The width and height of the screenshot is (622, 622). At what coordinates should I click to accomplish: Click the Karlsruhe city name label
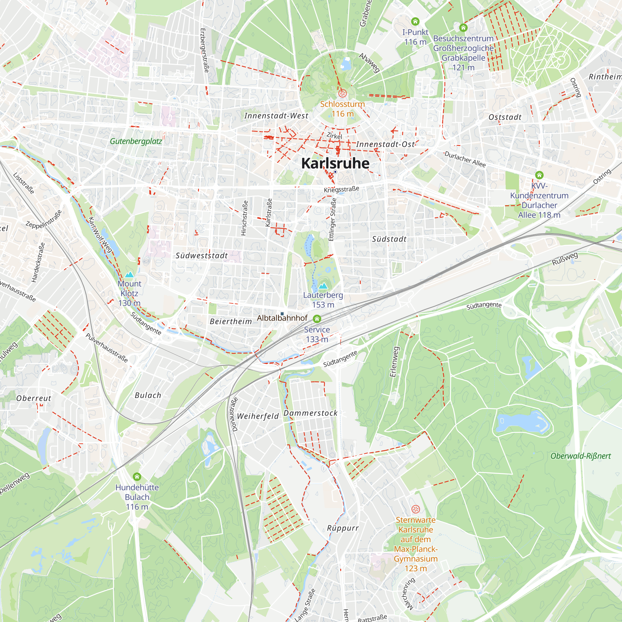click(335, 163)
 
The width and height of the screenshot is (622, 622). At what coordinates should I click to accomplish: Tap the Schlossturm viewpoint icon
click(342, 93)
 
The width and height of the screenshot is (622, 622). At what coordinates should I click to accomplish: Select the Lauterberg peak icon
click(323, 286)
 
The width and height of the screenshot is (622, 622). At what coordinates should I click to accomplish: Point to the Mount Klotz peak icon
click(129, 275)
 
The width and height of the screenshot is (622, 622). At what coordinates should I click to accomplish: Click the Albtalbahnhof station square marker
click(282, 313)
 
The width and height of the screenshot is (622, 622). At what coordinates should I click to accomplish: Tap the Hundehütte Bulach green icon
click(137, 476)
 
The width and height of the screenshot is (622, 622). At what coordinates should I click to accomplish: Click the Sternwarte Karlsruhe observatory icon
click(415, 509)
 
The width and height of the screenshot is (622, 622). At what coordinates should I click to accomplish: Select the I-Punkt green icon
click(415, 21)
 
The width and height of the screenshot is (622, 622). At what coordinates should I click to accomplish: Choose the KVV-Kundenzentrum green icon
click(539, 175)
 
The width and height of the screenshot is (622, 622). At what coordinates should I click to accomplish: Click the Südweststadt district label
click(202, 256)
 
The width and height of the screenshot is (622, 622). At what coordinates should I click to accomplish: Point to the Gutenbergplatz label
click(136, 141)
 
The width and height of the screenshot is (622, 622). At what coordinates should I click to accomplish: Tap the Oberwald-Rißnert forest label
click(580, 456)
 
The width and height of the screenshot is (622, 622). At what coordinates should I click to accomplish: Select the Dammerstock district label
click(310, 413)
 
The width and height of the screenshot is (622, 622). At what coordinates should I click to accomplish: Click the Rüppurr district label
click(342, 528)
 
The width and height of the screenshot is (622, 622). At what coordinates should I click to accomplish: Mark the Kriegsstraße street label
click(341, 189)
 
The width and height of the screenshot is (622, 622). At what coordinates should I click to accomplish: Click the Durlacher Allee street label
click(465, 159)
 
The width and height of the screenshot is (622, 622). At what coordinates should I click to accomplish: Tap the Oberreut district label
click(34, 398)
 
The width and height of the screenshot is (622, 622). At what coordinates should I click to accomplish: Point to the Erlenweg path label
click(394, 362)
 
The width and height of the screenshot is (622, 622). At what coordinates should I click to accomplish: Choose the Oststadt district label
click(505, 117)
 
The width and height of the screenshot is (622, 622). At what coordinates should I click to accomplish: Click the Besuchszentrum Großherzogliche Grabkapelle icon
click(463, 28)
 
